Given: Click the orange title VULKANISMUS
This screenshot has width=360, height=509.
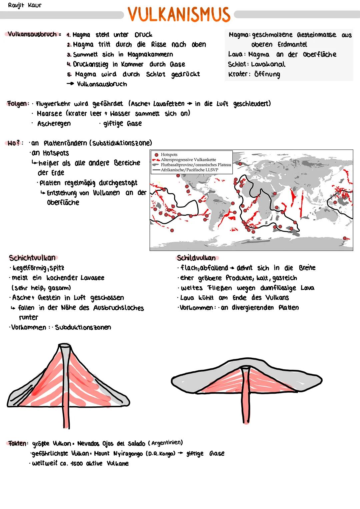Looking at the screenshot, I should pyautogui.click(x=179, y=14).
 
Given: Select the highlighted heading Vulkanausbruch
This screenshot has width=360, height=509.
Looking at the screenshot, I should pyautogui.click(x=32, y=34).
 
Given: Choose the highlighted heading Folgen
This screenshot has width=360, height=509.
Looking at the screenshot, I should pyautogui.click(x=17, y=104).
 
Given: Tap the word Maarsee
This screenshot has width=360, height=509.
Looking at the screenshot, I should pyautogui.click(x=49, y=114).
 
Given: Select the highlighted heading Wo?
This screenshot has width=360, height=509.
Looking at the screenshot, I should pyautogui.click(x=15, y=143).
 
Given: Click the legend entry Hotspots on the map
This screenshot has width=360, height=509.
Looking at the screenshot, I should pyautogui.click(x=169, y=155).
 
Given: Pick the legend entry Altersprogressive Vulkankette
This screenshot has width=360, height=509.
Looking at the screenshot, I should pyautogui.click(x=188, y=160).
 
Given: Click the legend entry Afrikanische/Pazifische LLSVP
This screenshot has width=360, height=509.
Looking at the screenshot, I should pyautogui.click(x=189, y=170).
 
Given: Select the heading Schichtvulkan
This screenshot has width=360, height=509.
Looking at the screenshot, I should pyautogui.click(x=32, y=258).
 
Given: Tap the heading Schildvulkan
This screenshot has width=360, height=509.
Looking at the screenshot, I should pyautogui.click(x=196, y=258).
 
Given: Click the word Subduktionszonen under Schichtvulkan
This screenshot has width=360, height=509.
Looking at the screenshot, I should pyautogui.click(x=83, y=327).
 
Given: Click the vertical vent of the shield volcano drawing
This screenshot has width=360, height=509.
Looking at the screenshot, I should pyautogui.click(x=247, y=397).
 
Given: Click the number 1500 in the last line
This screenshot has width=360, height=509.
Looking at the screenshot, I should pyautogui.click(x=76, y=464).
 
